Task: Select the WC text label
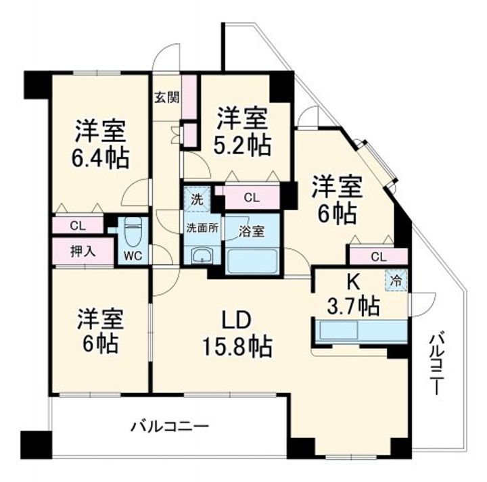(x=133, y=256)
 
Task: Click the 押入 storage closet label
(x=83, y=251)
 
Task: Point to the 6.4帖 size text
(x=100, y=158)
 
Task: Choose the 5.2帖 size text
(x=243, y=146)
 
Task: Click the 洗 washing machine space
(x=198, y=199)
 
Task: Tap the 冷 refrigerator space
(x=396, y=281)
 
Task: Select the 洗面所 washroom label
(x=202, y=228)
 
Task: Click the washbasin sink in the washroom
(x=202, y=256)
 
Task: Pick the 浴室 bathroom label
(x=252, y=231)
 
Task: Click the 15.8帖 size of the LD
(x=237, y=346)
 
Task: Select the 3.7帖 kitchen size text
(x=353, y=306)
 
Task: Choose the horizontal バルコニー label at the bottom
(x=169, y=427)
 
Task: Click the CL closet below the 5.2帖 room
(x=252, y=197)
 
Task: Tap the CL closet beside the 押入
(x=78, y=226)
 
